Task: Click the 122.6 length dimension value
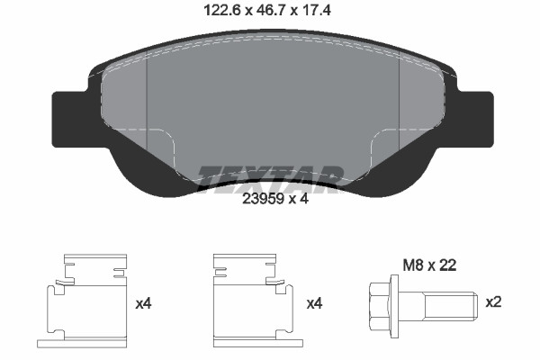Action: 222,10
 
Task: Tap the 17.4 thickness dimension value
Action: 316,10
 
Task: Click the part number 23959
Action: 263,198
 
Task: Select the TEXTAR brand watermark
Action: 270,179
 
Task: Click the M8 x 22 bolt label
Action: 429,265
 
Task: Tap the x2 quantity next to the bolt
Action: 493,302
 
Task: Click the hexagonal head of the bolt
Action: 380,306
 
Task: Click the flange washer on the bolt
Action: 394,306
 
